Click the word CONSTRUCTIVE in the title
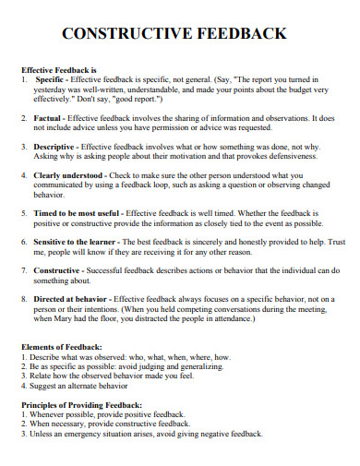(x=125, y=34)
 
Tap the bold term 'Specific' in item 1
(x=50, y=80)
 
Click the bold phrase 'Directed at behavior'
(x=74, y=300)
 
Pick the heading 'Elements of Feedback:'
(x=61, y=346)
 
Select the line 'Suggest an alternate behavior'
(x=83, y=388)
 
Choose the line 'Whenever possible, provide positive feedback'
(x=102, y=415)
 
